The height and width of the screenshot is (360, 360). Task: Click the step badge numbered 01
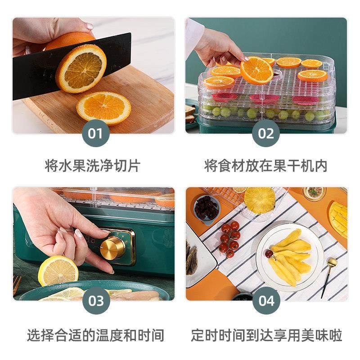click(x=95, y=134)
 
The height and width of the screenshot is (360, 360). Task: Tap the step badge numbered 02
click(x=266, y=134)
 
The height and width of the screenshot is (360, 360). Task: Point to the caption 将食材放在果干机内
click(x=266, y=165)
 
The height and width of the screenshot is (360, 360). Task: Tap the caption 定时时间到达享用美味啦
click(x=266, y=335)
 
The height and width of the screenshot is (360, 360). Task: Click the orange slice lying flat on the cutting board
click(x=103, y=108)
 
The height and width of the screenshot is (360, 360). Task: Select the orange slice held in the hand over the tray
click(x=257, y=70)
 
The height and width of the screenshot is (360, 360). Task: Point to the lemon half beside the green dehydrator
click(x=58, y=271)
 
